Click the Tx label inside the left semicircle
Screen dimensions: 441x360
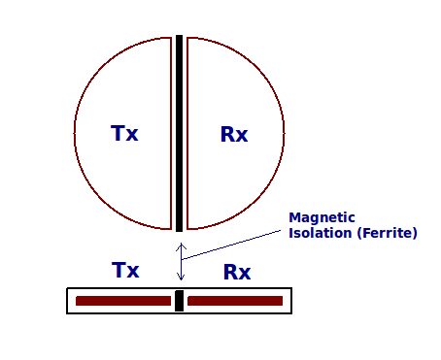(x=124, y=133)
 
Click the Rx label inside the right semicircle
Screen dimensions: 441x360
(x=234, y=134)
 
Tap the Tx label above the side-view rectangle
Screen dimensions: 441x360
(x=125, y=270)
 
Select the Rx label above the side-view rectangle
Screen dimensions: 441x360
(x=237, y=272)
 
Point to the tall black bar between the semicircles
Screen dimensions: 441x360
(x=179, y=133)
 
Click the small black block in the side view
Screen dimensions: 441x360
(x=179, y=301)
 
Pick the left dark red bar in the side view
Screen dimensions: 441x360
(x=123, y=301)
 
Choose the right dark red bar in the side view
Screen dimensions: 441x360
(x=235, y=301)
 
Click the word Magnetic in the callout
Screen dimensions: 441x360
(x=322, y=218)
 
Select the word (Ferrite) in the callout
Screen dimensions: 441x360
(x=388, y=233)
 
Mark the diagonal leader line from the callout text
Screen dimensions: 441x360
(x=231, y=245)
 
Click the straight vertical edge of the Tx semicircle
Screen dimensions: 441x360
(x=171, y=133)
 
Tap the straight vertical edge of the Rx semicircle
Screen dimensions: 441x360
(x=187, y=133)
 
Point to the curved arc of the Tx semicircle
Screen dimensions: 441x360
(x=75, y=133)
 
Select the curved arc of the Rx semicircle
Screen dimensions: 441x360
(x=284, y=133)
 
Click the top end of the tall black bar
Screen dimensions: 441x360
(x=179, y=35)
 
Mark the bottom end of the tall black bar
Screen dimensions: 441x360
(x=179, y=231)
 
